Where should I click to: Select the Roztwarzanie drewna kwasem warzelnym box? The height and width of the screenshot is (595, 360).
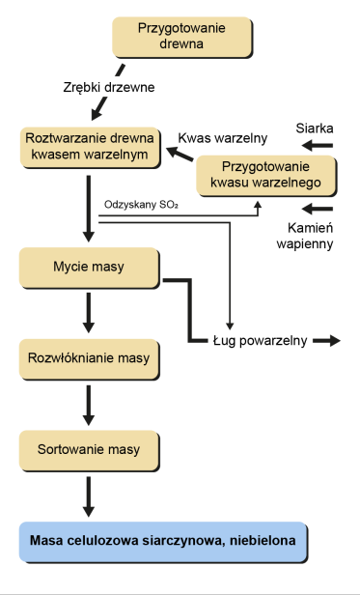[90, 146]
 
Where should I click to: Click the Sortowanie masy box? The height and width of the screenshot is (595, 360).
[90, 449]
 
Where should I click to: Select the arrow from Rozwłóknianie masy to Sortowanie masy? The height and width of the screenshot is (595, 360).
[90, 405]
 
